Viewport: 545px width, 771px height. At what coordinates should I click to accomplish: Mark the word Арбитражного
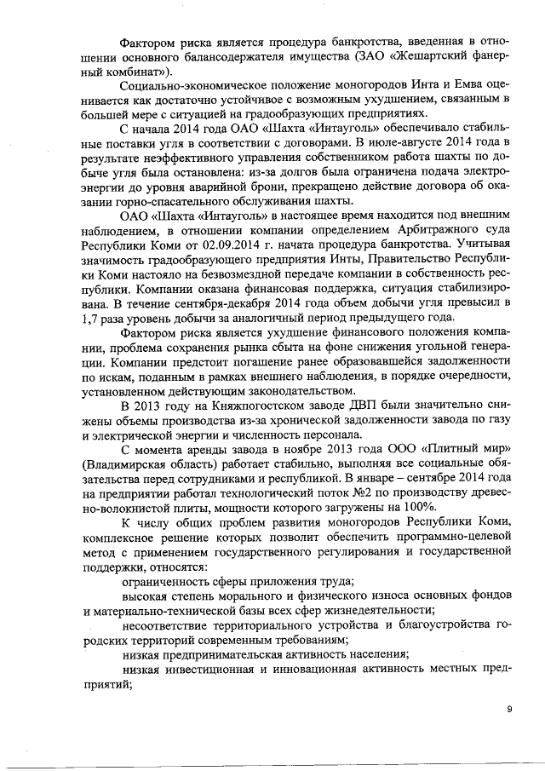tap(387, 230)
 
